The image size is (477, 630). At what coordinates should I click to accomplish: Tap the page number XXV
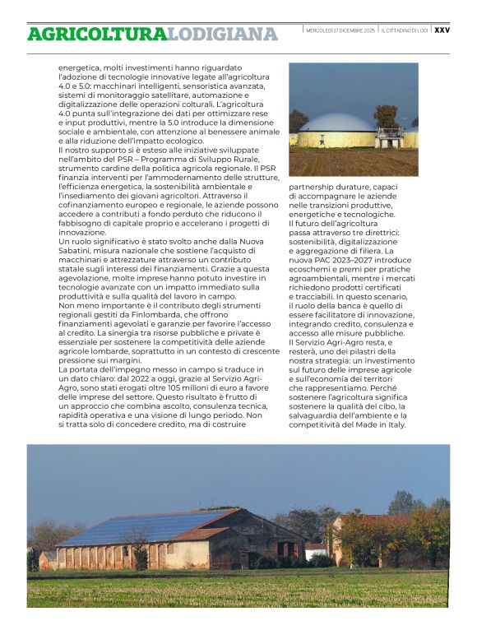[x=442, y=30]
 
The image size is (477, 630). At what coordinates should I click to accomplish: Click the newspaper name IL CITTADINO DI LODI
[x=405, y=30]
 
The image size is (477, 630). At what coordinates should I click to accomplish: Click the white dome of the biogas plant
[x=336, y=123]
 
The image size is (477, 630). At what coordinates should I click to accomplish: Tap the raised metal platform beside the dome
[x=388, y=133]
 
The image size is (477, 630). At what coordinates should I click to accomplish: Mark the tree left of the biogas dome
[x=297, y=121]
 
